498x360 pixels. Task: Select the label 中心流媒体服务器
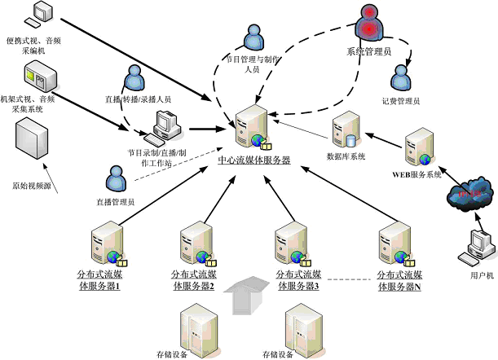click(x=254, y=160)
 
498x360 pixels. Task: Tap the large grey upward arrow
click(x=246, y=296)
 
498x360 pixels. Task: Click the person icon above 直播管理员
click(x=113, y=178)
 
